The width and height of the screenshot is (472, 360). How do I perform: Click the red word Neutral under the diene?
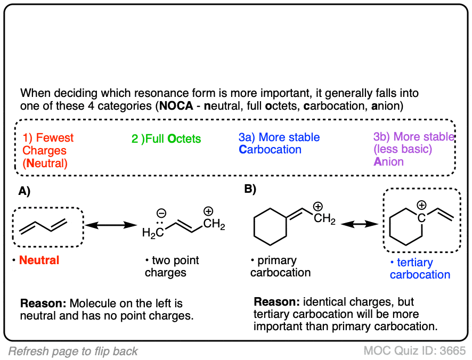[x=39, y=260]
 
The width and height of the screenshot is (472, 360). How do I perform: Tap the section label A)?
[x=25, y=189]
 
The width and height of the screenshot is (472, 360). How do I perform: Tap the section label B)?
[x=250, y=189]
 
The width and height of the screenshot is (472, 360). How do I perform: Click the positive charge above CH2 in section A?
[x=209, y=210]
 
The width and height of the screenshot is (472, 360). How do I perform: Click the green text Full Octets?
[x=166, y=139]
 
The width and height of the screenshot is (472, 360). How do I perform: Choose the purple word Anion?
[x=389, y=161]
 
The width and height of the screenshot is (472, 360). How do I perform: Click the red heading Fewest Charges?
[x=48, y=144]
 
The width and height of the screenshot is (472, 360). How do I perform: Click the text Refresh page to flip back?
[x=73, y=351]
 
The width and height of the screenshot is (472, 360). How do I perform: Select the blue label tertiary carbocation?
[x=420, y=268]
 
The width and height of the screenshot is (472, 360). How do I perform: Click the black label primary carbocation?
[x=280, y=266]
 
